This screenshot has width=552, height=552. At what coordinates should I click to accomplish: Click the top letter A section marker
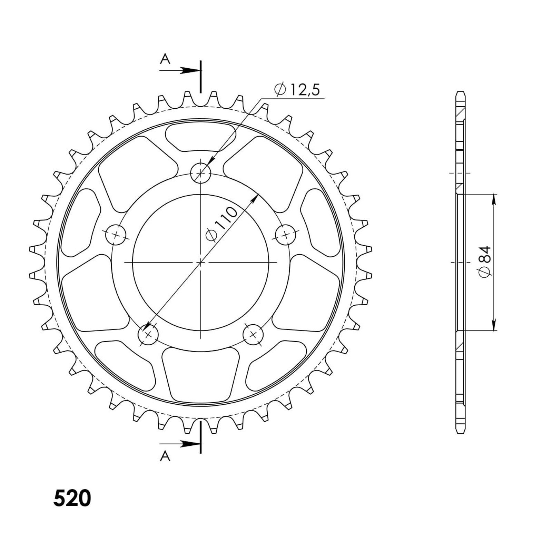pos(165,60)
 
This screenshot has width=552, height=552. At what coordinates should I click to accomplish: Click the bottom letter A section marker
pos(165,456)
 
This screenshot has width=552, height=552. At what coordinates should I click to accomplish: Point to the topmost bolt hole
pos(200,171)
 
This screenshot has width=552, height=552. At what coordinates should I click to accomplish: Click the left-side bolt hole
pos(116,235)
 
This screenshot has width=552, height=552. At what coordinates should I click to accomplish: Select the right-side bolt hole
pos(286,235)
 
